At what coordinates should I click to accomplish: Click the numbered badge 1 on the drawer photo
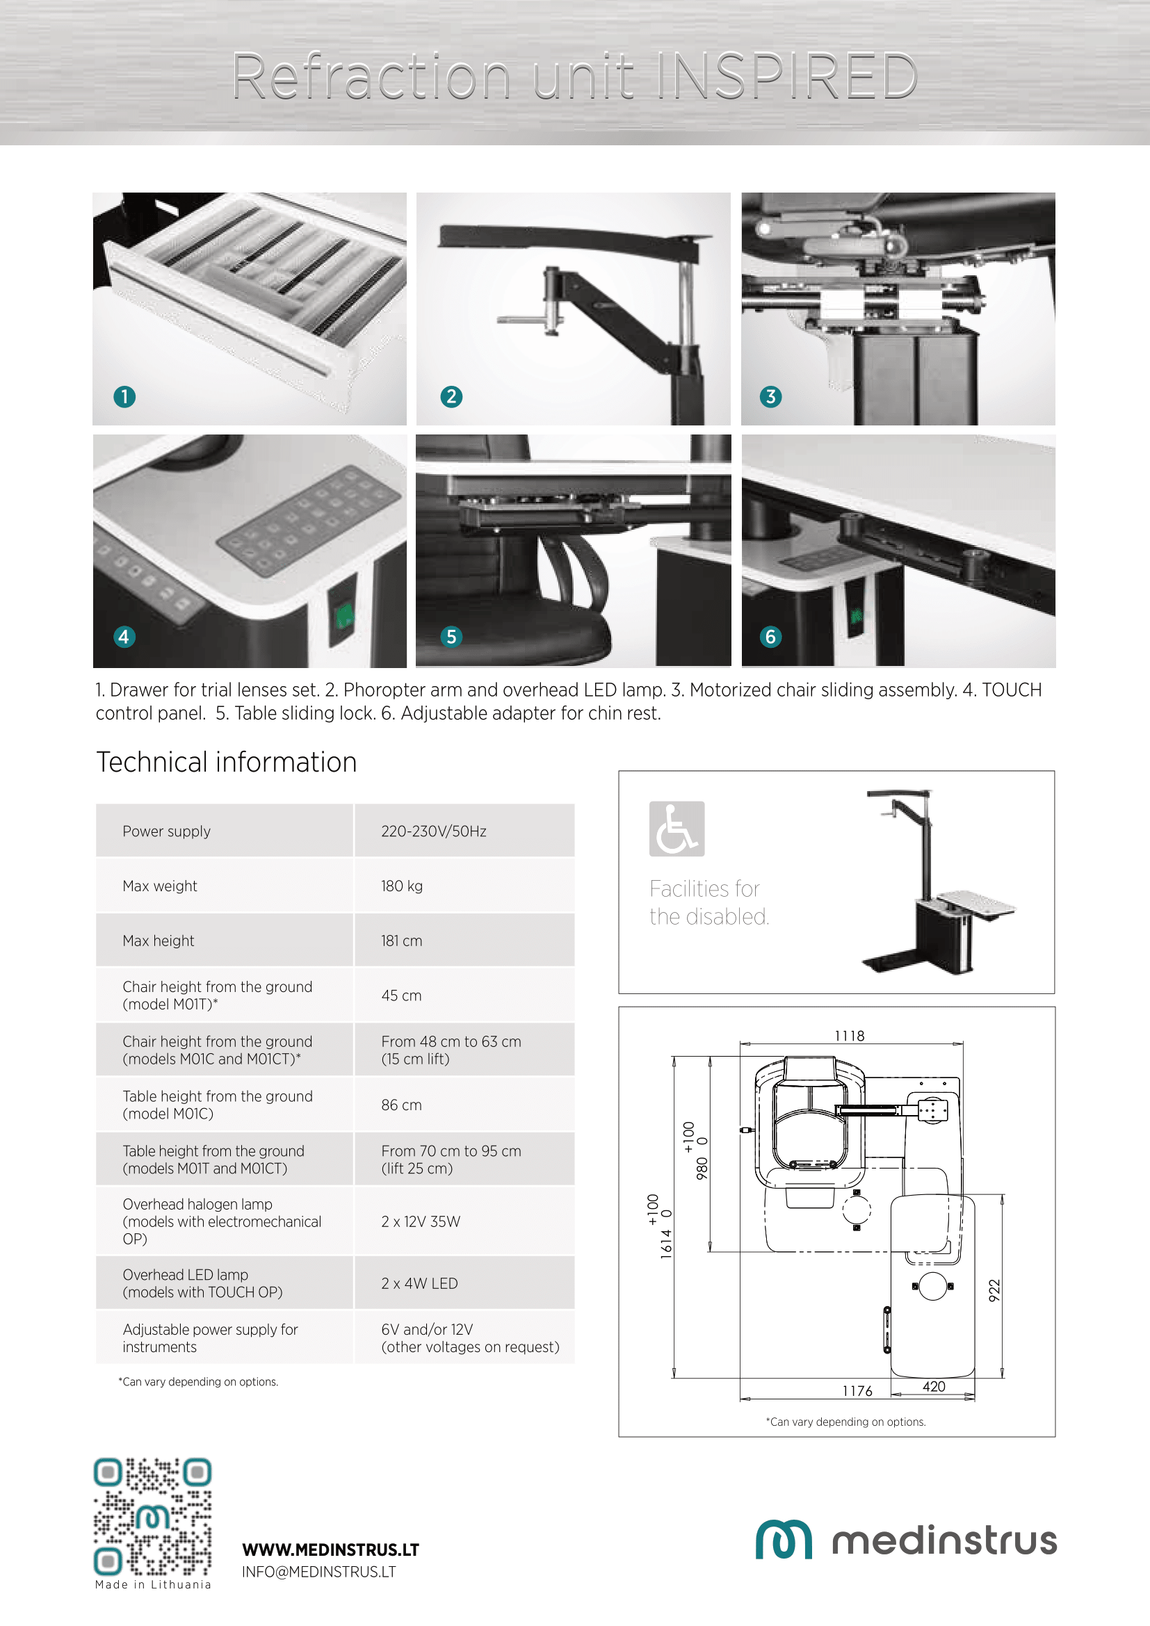pyautogui.click(x=124, y=396)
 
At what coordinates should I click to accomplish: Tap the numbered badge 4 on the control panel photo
pyautogui.click(x=124, y=637)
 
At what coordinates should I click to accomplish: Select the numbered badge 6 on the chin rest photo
pyautogui.click(x=770, y=637)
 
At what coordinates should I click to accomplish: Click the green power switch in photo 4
pyautogui.click(x=344, y=616)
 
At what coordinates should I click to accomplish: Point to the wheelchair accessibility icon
pyautogui.click(x=677, y=829)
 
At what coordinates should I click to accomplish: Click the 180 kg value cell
pyautogui.click(x=401, y=886)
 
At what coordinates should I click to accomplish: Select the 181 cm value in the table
pyautogui.click(x=401, y=941)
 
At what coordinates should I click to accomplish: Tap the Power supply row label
pyautogui.click(x=166, y=831)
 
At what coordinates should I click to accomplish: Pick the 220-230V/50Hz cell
pyautogui.click(x=433, y=831)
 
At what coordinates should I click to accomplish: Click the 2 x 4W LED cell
pyautogui.click(x=419, y=1283)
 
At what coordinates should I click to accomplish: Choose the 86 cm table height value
pyautogui.click(x=401, y=1105)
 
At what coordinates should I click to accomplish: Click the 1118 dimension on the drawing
pyautogui.click(x=849, y=1036)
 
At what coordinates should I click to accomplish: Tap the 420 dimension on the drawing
pyautogui.click(x=933, y=1387)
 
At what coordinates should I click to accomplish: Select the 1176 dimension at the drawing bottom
pyautogui.click(x=857, y=1391)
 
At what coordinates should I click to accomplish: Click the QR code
pyautogui.click(x=153, y=1516)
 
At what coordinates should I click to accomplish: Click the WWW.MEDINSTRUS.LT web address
pyautogui.click(x=330, y=1550)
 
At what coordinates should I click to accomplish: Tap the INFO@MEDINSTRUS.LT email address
pyautogui.click(x=318, y=1572)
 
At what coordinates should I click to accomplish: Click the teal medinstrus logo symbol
pyautogui.click(x=783, y=1540)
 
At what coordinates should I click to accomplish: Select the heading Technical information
pyautogui.click(x=227, y=762)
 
